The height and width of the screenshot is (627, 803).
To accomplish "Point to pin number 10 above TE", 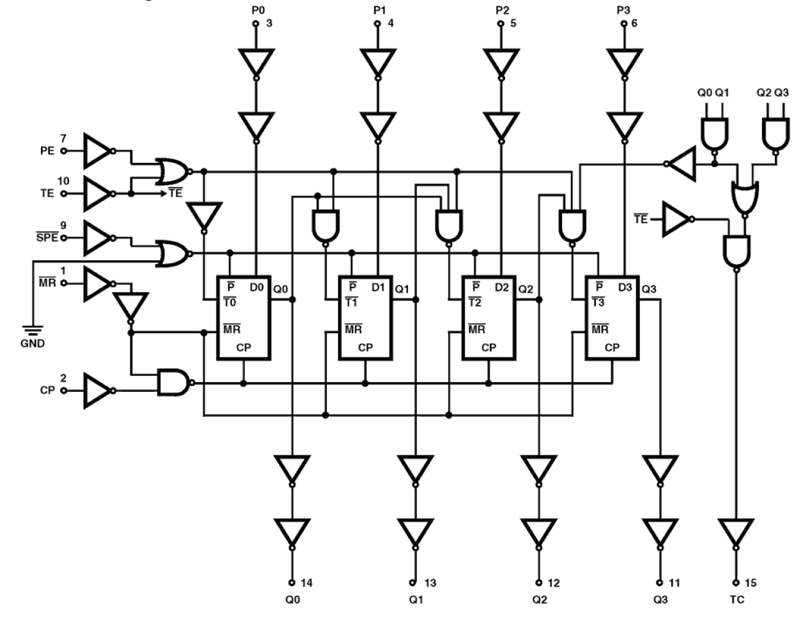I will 63,181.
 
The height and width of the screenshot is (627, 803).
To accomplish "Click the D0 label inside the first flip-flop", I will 256,288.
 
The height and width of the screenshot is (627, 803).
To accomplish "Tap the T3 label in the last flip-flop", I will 598,302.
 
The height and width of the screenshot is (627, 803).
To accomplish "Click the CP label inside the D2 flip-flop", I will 488,348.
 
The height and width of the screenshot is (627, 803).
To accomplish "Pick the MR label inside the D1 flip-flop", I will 353,330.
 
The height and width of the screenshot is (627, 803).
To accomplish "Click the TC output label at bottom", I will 736,600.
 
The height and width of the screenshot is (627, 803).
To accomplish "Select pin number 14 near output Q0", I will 307,583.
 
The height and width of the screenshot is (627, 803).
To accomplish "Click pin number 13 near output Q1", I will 430,583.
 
